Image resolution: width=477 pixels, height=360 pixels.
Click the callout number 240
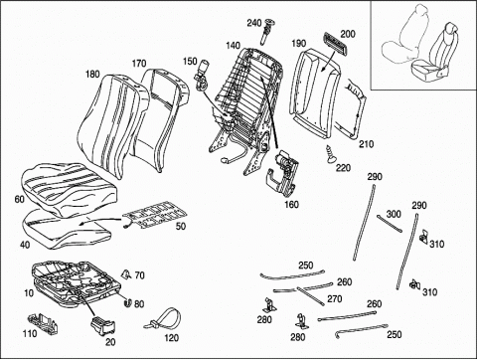pos(254,23)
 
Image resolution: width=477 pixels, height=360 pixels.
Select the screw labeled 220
pos(330,154)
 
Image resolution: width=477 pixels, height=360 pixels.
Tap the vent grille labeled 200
pos(334,44)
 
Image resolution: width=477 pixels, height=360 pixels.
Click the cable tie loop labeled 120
pos(163,319)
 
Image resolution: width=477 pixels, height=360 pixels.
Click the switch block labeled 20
pos(102,325)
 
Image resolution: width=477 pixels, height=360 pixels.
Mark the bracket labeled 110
pos(43,322)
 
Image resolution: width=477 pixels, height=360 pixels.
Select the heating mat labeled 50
pos(153,216)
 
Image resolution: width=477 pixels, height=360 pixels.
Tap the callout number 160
pos(291,205)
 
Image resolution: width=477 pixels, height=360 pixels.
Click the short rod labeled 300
pos(390,224)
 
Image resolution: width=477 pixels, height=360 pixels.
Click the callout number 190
pos(299,44)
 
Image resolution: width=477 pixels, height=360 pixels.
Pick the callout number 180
pos(92,74)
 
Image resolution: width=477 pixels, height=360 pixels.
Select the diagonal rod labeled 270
pos(310,295)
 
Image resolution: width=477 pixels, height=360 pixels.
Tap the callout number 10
pos(29,293)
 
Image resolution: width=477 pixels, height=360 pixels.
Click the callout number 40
pos(25,245)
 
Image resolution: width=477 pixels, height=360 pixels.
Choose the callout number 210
pos(366,144)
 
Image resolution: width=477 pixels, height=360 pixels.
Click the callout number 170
pos(139,63)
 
